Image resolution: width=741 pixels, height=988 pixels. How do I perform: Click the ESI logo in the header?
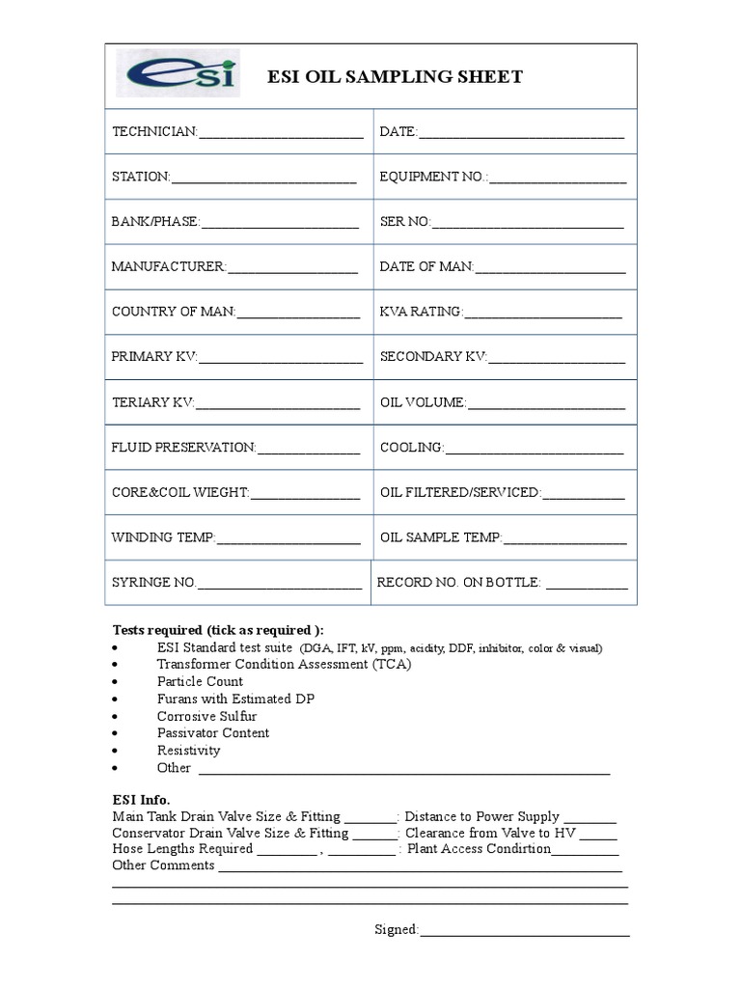pyautogui.click(x=175, y=74)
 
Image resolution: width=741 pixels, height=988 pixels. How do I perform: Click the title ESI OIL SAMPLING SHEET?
pyautogui.click(x=395, y=77)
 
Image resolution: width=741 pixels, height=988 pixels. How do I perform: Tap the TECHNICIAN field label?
pyautogui.click(x=154, y=131)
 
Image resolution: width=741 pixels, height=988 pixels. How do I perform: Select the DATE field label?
pyautogui.click(x=398, y=131)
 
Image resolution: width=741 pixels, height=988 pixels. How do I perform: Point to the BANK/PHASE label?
pyautogui.click(x=155, y=222)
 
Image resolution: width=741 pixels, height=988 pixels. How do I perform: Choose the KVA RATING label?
pyautogui.click(x=422, y=312)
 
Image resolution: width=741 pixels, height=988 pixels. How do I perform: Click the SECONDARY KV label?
pyautogui.click(x=433, y=357)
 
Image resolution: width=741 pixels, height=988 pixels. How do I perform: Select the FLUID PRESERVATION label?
pyautogui.click(x=183, y=448)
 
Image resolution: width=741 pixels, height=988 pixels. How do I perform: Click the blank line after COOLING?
pyautogui.click(x=535, y=449)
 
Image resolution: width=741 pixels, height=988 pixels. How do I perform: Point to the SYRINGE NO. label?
pyautogui.click(x=153, y=583)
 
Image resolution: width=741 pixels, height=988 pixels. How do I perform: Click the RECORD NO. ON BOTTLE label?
pyautogui.click(x=459, y=583)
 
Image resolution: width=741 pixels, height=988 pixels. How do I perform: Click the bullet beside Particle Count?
pyautogui.click(x=116, y=682)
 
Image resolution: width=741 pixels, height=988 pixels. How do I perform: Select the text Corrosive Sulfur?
pyautogui.click(x=206, y=716)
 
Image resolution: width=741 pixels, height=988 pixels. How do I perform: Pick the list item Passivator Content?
pyautogui.click(x=213, y=733)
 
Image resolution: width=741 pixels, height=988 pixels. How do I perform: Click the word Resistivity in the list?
pyautogui.click(x=188, y=751)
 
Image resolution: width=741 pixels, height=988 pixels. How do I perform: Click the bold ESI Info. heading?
pyautogui.click(x=141, y=800)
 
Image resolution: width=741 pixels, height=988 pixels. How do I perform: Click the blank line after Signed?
pyautogui.click(x=524, y=931)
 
